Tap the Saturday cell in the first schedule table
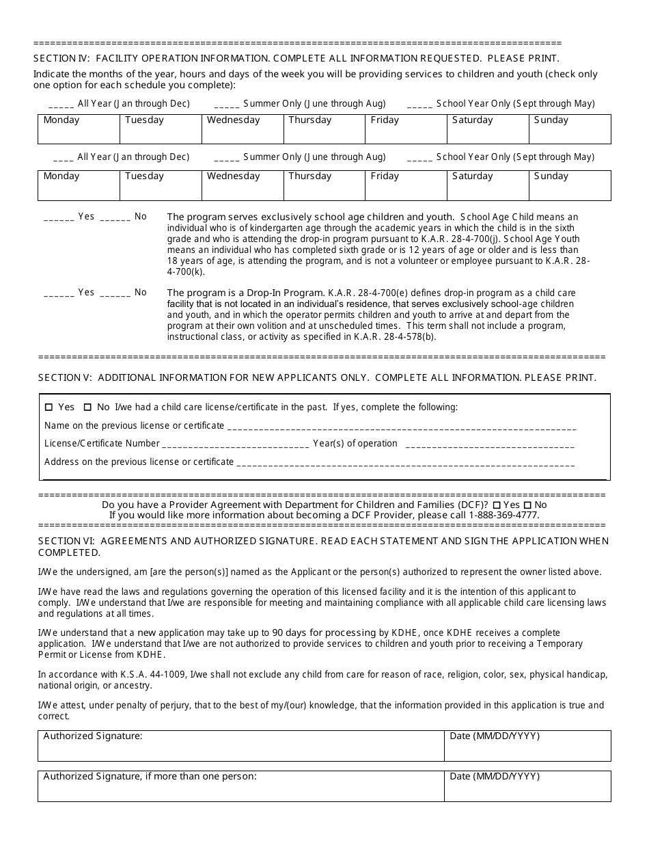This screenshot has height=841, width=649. [x=487, y=129]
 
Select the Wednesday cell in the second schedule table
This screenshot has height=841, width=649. [x=242, y=185]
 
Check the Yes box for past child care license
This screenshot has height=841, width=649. [x=49, y=408]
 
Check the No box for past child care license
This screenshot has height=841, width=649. [x=87, y=408]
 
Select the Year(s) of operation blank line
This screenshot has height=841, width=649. [x=489, y=444]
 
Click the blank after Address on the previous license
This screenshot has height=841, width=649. [x=405, y=463]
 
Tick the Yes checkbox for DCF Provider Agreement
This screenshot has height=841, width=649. [x=496, y=505]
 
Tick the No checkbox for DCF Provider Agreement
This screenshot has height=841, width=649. [x=527, y=505]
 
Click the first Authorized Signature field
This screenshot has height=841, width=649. [x=240, y=746]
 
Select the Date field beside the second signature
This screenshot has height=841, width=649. [x=527, y=786]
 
